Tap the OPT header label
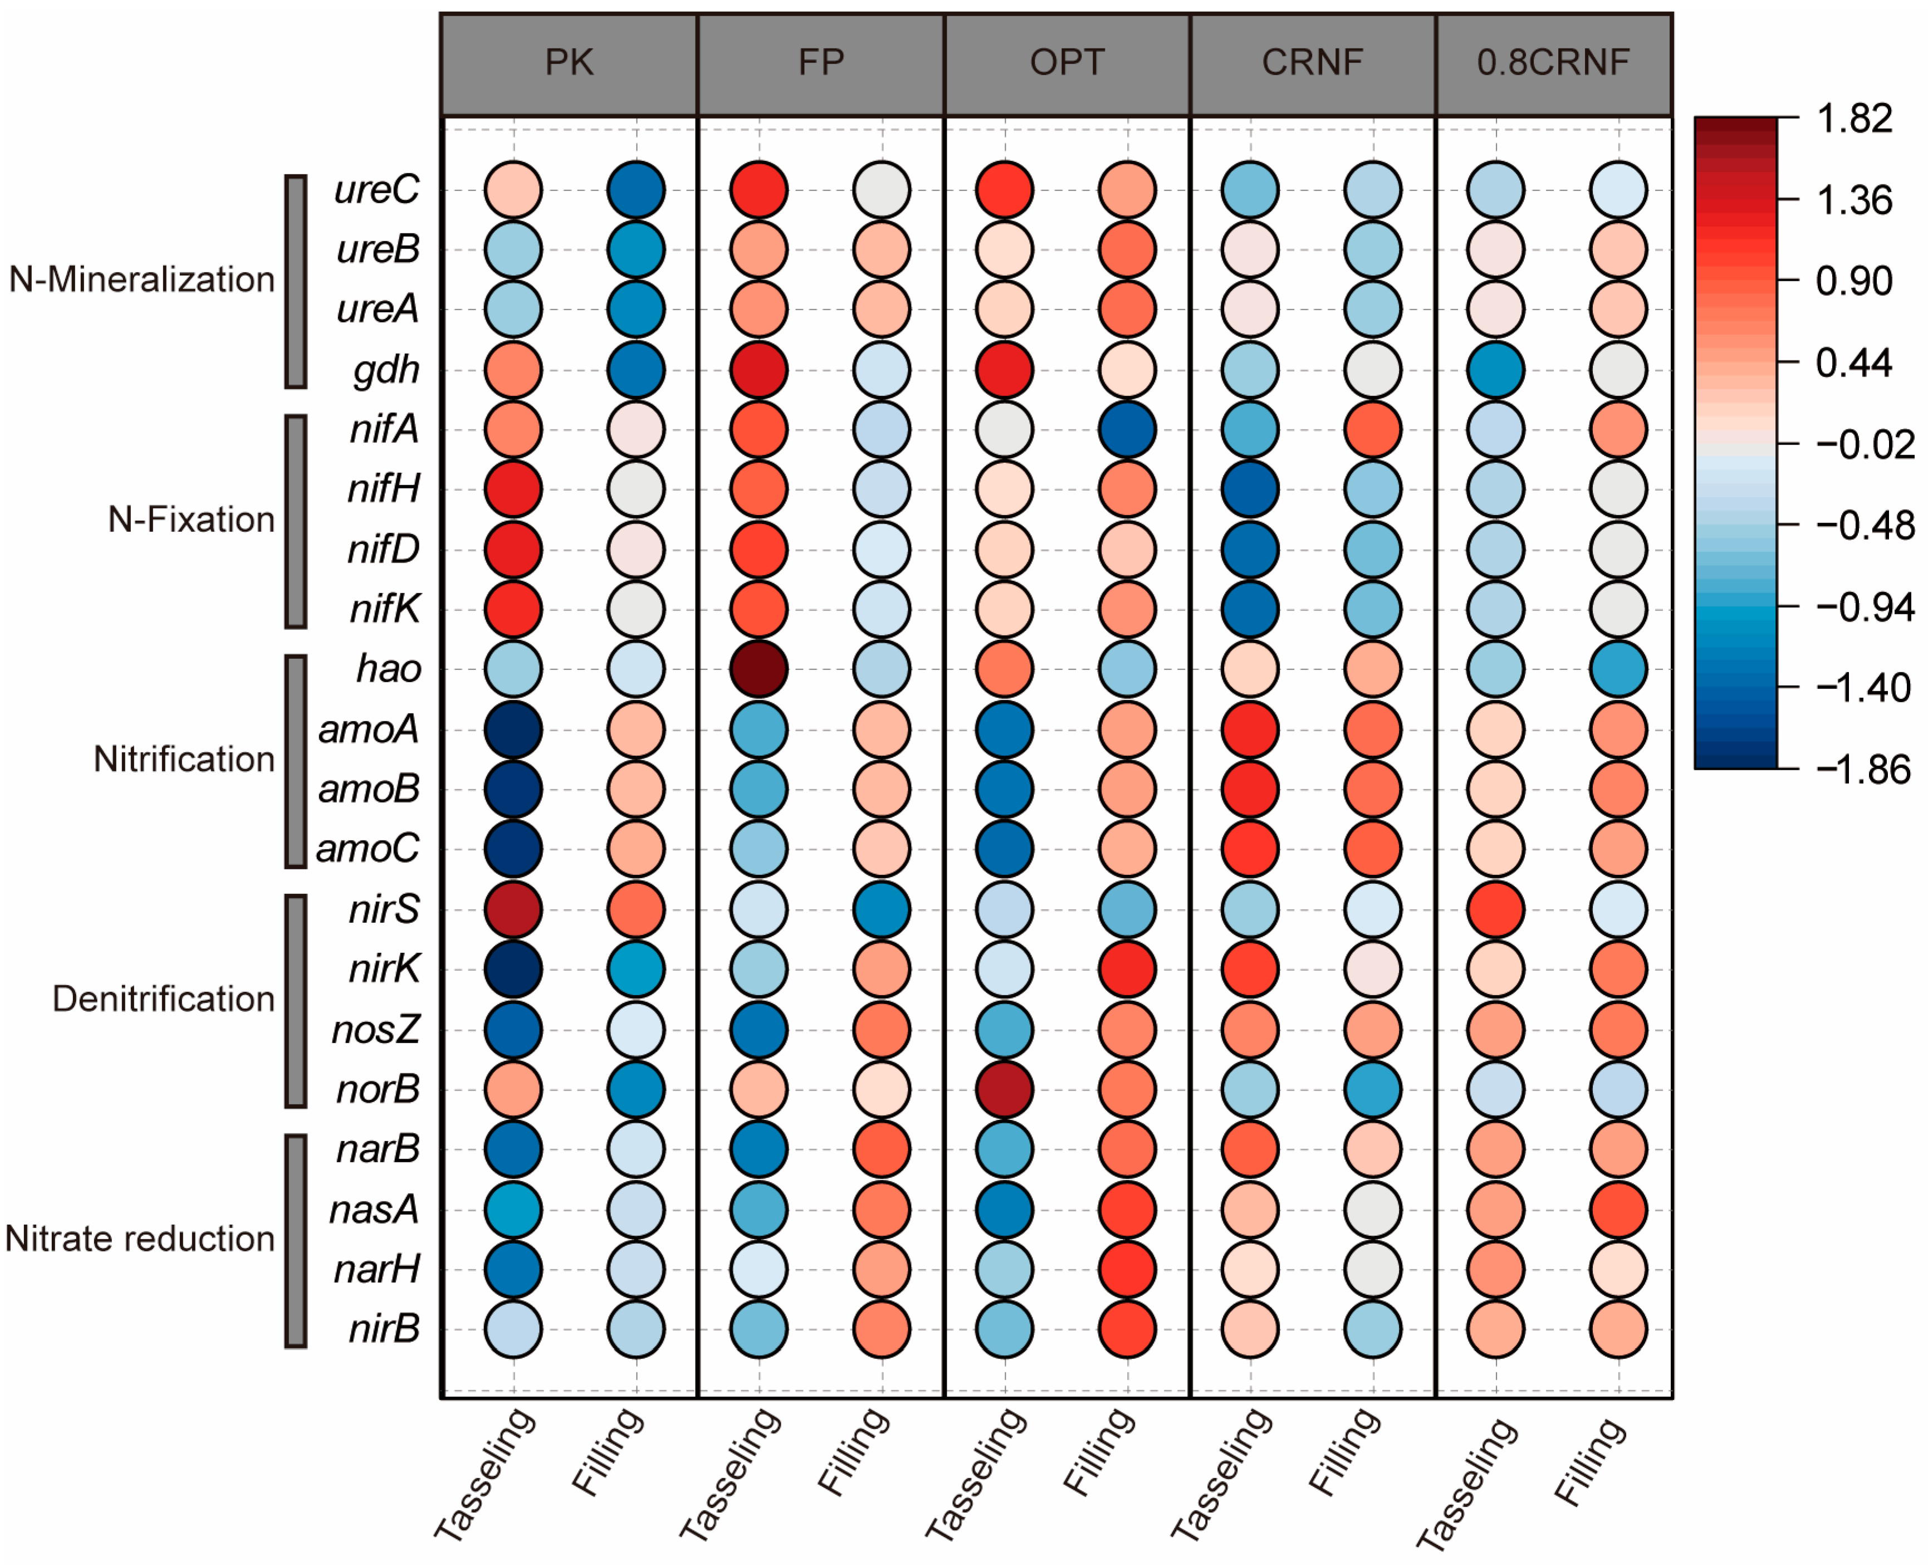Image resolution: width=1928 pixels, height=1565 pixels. click(1066, 63)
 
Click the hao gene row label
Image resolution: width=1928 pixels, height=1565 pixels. click(389, 669)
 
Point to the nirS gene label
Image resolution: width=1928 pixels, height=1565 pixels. click(385, 909)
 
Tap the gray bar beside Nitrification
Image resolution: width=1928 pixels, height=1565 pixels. click(296, 761)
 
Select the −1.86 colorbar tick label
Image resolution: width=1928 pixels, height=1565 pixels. click(1862, 770)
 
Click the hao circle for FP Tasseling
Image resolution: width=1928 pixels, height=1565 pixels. click(759, 669)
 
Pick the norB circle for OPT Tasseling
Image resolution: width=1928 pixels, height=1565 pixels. click(1004, 1089)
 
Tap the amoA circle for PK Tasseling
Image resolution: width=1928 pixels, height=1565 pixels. click(513, 729)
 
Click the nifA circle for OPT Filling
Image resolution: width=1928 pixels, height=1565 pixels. click(1127, 429)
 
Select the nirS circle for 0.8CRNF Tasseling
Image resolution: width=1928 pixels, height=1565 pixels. click(1495, 909)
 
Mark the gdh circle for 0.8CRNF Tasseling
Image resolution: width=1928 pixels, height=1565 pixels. click(1495, 370)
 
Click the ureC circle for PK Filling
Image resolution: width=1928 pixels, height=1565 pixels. click(635, 189)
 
